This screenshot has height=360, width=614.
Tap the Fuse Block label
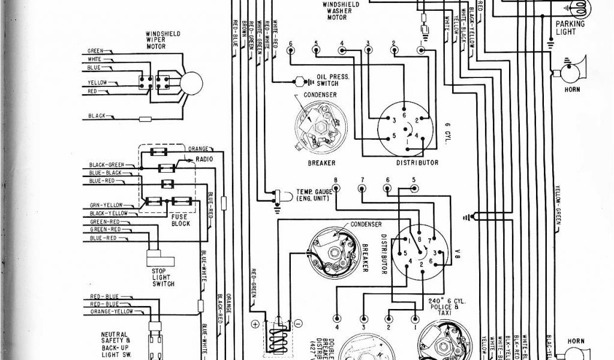pos(180,220)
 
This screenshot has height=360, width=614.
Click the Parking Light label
pos(570,28)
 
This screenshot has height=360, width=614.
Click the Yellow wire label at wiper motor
pos(97,82)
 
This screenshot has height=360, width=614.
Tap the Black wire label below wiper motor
pos(98,115)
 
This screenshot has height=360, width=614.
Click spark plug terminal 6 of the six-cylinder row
pos(290,50)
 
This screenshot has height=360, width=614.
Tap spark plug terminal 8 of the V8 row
pos(336,188)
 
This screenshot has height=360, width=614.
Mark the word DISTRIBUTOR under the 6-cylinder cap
pos(417,163)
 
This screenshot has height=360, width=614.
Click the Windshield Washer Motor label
pos(341,11)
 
